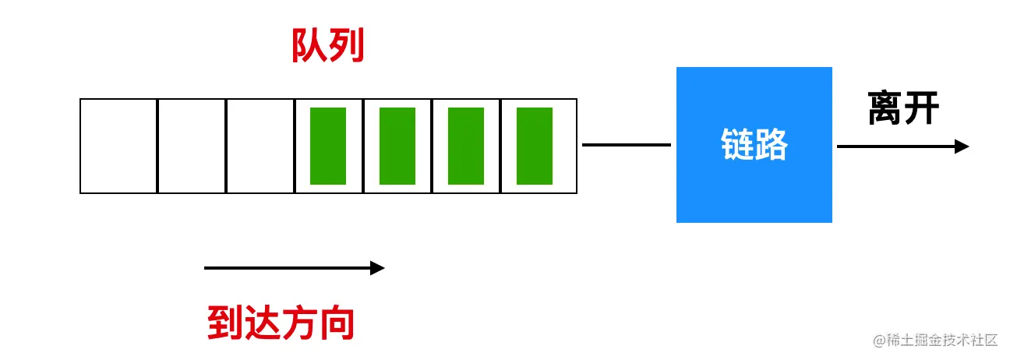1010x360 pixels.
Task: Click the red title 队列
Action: pyautogui.click(x=328, y=48)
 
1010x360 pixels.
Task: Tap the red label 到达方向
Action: pyautogui.click(x=281, y=323)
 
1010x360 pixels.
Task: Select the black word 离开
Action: pyautogui.click(x=904, y=109)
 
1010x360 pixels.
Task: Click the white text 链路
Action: pyautogui.click(x=754, y=145)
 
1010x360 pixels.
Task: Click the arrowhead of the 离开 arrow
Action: pyautogui.click(x=962, y=146)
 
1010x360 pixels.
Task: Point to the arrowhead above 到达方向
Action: pyautogui.click(x=378, y=268)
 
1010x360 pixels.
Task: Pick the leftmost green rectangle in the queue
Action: pyautogui.click(x=328, y=146)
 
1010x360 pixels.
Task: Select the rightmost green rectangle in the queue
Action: pyautogui.click(x=535, y=146)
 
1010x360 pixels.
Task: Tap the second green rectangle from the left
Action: pyautogui.click(x=397, y=146)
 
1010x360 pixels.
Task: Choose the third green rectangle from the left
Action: pyautogui.click(x=466, y=146)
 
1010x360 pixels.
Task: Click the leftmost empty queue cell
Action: pyautogui.click(x=119, y=146)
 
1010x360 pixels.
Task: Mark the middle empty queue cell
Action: pyautogui.click(x=192, y=146)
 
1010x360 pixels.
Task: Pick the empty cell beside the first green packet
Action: pyautogui.click(x=260, y=146)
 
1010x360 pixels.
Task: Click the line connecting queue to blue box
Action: pyautogui.click(x=626, y=145)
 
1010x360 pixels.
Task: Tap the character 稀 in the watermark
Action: pyautogui.click(x=897, y=340)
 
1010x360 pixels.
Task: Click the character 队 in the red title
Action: pyautogui.click(x=309, y=48)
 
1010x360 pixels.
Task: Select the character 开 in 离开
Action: pyautogui.click(x=922, y=109)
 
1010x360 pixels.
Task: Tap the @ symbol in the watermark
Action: pyautogui.click(x=881, y=341)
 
